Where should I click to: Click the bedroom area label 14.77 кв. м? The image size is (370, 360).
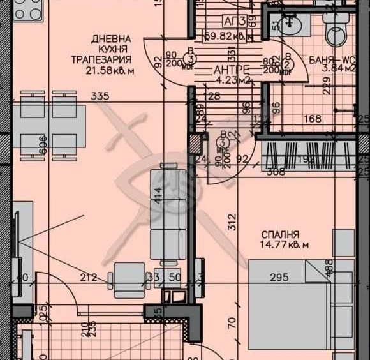pos(285,245)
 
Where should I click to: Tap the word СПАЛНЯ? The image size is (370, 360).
pos(280,234)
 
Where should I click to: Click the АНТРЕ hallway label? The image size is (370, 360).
pos(230,70)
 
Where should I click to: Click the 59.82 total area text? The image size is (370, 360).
pos(226,36)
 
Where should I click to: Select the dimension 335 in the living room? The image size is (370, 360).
pos(100,96)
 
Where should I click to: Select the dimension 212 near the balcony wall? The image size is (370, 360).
pos(89,278)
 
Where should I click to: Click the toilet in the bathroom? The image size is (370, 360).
pos(336,29)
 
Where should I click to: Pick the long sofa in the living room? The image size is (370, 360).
pos(168,211)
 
